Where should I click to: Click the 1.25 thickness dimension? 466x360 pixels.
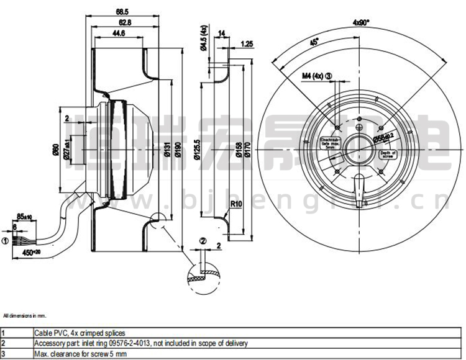[x=247, y=44]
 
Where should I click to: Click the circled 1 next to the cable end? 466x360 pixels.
[x=6, y=243]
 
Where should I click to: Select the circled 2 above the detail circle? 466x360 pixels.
[x=203, y=241]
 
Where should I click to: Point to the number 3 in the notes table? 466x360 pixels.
[x=3, y=353]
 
